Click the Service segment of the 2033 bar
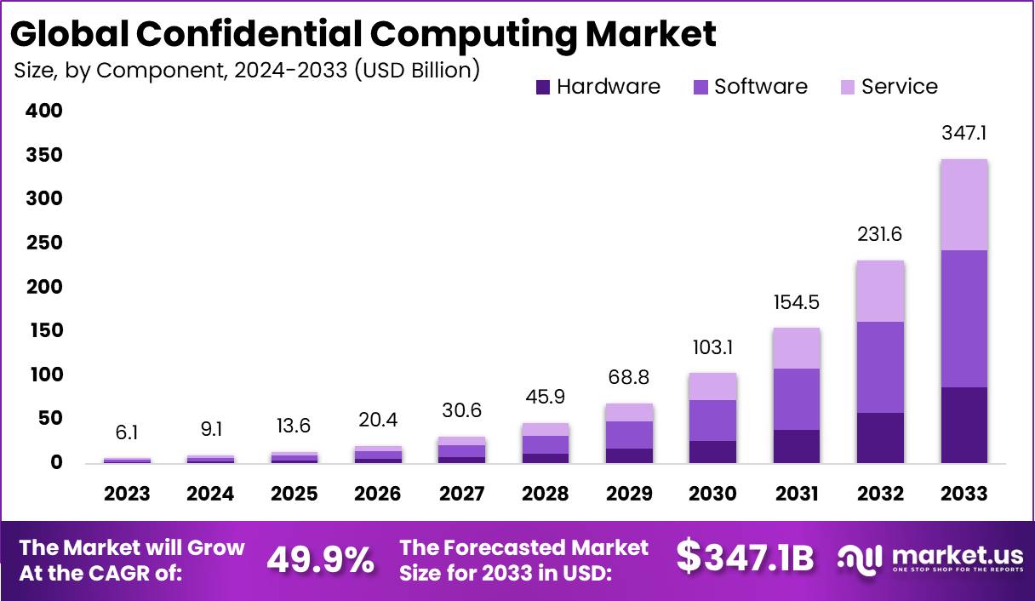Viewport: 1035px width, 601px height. point(964,204)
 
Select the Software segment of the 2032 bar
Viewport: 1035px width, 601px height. point(880,367)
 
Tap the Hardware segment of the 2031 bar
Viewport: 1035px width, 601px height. point(797,446)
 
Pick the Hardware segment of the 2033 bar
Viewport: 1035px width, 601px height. point(964,425)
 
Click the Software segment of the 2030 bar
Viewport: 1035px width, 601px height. point(712,421)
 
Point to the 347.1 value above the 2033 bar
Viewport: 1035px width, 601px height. point(964,134)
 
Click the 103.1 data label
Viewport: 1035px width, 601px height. point(712,347)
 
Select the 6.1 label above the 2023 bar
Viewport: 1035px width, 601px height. point(127,433)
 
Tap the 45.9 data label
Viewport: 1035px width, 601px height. point(546,397)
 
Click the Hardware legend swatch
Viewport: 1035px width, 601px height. point(543,87)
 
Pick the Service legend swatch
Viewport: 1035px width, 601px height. point(848,87)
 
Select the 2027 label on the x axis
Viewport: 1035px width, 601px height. point(461,494)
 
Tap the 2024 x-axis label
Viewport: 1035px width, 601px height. point(210,494)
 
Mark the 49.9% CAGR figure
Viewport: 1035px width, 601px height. point(320,559)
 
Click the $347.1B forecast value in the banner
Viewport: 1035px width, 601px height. point(745,558)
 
